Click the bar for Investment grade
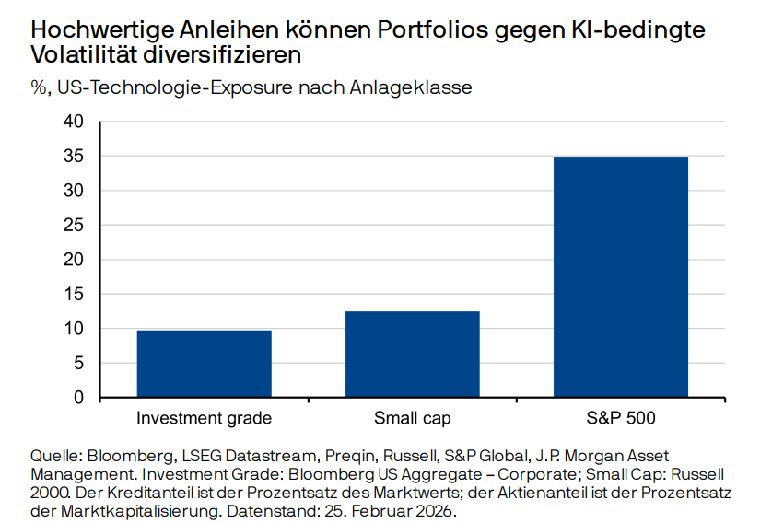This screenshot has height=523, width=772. (x=205, y=364)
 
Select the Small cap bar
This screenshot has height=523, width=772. (x=412, y=354)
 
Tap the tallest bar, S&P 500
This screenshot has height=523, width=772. (x=620, y=277)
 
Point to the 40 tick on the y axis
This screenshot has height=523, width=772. (x=74, y=122)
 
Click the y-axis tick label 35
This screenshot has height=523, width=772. (x=74, y=157)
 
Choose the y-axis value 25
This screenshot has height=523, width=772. (x=74, y=226)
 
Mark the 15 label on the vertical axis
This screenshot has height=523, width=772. (x=74, y=295)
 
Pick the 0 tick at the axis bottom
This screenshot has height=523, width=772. (x=78, y=398)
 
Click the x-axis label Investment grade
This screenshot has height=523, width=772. (x=205, y=419)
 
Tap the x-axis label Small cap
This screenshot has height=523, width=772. (x=412, y=419)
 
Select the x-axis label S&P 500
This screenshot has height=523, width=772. (x=620, y=419)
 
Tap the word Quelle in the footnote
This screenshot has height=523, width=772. (x=56, y=456)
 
